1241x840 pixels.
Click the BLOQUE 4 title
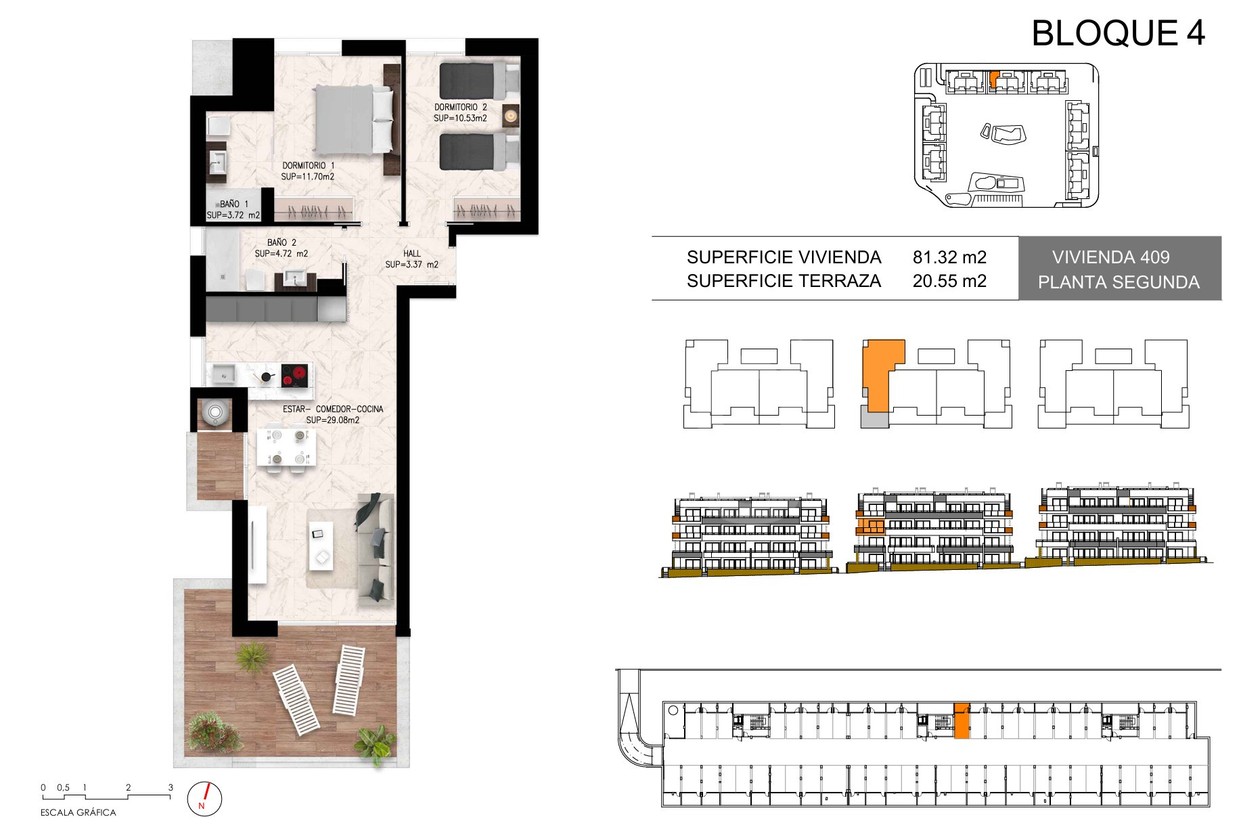[1118, 33]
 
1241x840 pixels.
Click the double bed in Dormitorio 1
[354, 119]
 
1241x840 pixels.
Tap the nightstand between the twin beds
[511, 116]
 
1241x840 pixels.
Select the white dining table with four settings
[286, 447]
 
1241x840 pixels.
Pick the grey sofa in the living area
[376, 549]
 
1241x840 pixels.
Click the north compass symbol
[204, 798]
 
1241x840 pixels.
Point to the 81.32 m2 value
[949, 257]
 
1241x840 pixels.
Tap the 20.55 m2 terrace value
[949, 281]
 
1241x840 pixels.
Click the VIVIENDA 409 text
[1111, 257]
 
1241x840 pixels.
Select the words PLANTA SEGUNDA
[1119, 282]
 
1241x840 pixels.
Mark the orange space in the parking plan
[962, 721]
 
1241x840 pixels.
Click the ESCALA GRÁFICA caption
[78, 812]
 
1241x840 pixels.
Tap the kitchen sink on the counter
[223, 374]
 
